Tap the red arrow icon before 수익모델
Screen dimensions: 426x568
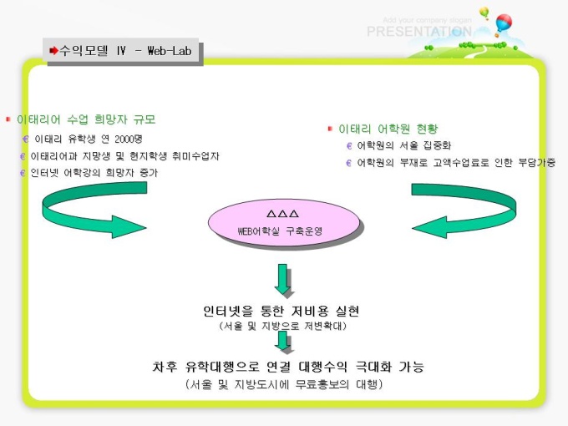pos(53,51)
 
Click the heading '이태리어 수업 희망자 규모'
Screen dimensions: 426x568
pos(86,119)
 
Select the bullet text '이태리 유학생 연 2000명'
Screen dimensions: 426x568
pos(88,139)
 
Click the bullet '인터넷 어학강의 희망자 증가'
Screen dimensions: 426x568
pos(94,173)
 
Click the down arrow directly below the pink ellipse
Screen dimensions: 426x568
pos(285,279)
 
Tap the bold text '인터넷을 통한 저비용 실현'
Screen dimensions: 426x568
pos(281,311)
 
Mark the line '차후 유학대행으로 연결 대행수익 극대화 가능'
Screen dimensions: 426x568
pos(287,367)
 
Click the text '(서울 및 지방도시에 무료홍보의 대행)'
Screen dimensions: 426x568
pos(284,384)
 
